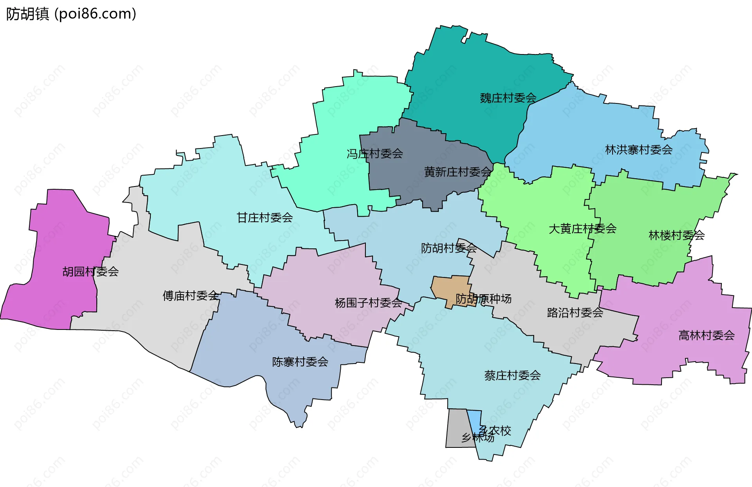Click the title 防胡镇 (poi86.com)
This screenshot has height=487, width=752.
tap(71, 14)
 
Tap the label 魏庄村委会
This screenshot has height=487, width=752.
tap(508, 98)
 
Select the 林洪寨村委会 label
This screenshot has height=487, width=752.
tap(638, 150)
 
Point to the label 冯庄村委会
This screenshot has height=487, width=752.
tap(374, 154)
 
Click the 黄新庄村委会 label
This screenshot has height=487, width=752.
tap(457, 172)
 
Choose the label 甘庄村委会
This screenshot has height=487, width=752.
tap(265, 217)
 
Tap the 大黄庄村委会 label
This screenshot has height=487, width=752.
tap(582, 228)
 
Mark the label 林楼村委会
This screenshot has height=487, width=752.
tap(676, 235)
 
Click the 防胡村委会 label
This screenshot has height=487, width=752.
tap(448, 248)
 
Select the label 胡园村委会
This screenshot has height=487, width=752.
tap(90, 272)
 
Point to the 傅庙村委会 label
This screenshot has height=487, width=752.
tap(191, 295)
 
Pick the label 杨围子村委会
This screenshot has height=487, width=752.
tap(368, 302)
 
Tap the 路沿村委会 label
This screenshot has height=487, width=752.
tap(575, 313)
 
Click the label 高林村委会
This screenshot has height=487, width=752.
tap(706, 335)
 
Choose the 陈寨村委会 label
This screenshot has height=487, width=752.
tap(300, 362)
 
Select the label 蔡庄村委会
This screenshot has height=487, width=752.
tap(512, 375)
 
